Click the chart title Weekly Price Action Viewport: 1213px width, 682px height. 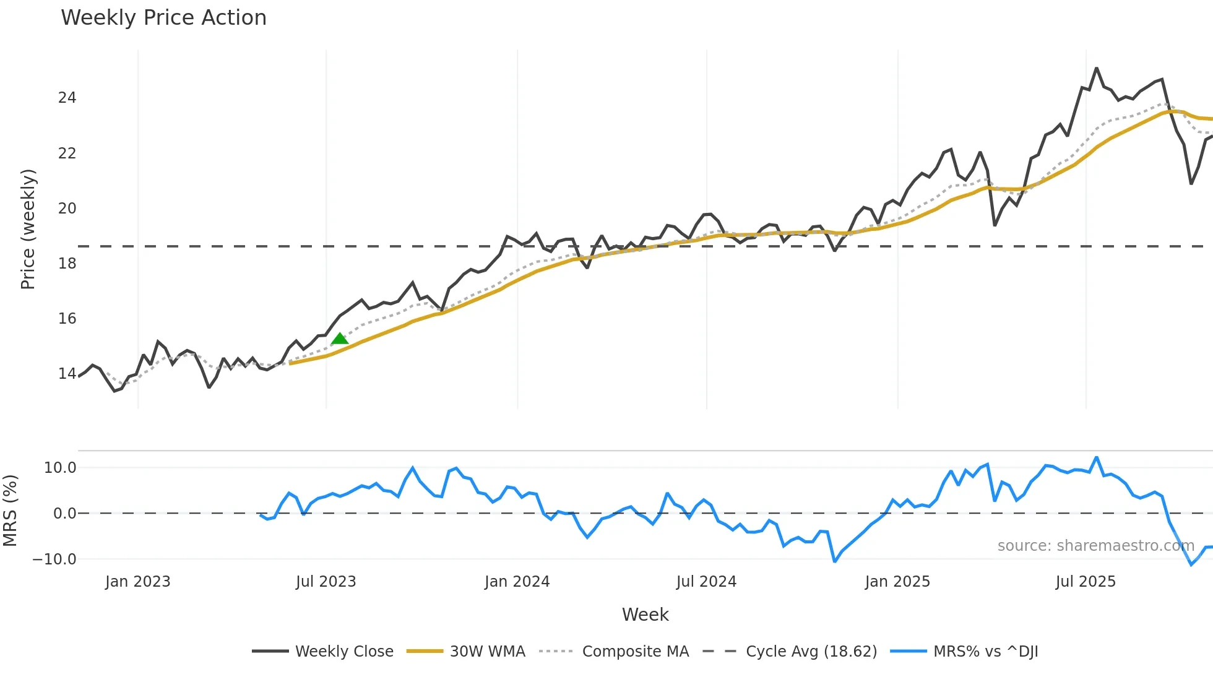[x=163, y=18]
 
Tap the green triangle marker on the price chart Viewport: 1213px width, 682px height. [x=340, y=339]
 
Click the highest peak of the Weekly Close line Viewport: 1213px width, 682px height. [x=1096, y=69]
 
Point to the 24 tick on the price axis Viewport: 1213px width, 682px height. [x=67, y=98]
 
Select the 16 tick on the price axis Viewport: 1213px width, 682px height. [x=67, y=319]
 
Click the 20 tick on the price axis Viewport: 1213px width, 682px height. [x=67, y=209]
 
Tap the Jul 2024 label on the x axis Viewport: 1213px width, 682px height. [x=706, y=582]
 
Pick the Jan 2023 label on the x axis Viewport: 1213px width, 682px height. [x=137, y=582]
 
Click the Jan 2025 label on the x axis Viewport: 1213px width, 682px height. [x=897, y=582]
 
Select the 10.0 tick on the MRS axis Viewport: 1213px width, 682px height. [x=60, y=468]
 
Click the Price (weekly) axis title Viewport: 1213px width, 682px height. [x=28, y=229]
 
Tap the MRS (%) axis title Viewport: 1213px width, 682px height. [x=10, y=511]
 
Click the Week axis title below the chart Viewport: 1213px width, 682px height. [x=645, y=615]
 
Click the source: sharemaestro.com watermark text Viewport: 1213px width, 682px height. [x=1095, y=546]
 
